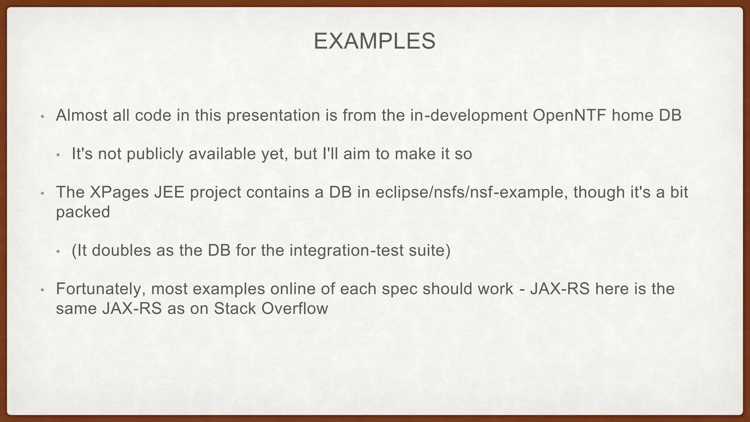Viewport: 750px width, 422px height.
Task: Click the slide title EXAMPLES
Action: pos(374,41)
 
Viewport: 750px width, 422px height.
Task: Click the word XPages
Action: pos(119,193)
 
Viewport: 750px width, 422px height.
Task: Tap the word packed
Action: pos(83,212)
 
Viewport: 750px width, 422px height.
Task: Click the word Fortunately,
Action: pos(101,289)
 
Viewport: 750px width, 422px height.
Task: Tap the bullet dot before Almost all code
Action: pos(42,117)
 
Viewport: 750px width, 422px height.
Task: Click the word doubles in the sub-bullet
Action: pos(121,251)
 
